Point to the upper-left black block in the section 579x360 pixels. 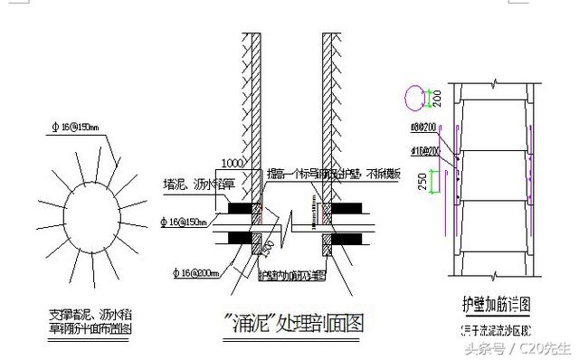237,207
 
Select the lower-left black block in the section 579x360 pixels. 237,240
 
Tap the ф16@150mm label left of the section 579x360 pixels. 185,222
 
